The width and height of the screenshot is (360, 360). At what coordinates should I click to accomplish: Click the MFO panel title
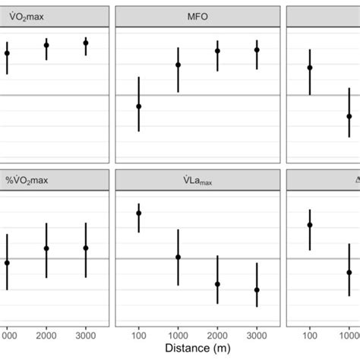click(197, 16)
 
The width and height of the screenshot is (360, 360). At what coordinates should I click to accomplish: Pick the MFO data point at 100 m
click(138, 106)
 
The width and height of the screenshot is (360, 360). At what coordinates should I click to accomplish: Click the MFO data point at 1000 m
click(178, 65)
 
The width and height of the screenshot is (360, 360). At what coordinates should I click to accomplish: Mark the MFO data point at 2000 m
click(217, 51)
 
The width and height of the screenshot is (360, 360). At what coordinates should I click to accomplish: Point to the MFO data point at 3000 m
click(257, 50)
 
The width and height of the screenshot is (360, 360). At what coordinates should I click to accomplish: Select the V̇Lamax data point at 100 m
click(138, 213)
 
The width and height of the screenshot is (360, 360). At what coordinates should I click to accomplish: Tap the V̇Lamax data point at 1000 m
click(178, 257)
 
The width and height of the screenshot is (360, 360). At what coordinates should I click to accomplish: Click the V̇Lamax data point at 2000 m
click(217, 284)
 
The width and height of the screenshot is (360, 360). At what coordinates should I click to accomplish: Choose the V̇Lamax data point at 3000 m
click(257, 290)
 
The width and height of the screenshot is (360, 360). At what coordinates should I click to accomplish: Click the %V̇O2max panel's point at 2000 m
click(46, 248)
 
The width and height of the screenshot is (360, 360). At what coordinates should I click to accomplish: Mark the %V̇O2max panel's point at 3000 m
click(86, 248)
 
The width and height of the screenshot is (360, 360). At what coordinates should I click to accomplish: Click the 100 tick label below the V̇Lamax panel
click(138, 334)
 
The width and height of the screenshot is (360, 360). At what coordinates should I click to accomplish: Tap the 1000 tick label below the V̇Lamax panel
click(178, 334)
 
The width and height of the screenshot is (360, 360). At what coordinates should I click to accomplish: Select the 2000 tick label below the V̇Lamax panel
click(217, 334)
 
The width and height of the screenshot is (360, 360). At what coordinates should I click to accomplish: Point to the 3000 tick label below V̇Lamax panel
click(257, 334)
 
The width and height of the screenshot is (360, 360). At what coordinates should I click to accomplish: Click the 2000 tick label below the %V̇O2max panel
click(46, 334)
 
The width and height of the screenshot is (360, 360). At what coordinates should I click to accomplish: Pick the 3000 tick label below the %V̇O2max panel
click(86, 334)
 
